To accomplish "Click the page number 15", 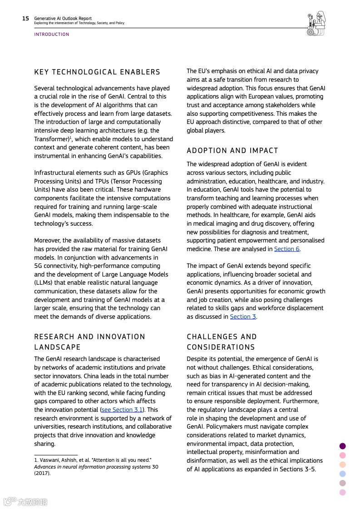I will pyautogui.click(x=25, y=19).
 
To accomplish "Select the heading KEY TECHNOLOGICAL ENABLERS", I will pyautogui.click(x=97, y=72).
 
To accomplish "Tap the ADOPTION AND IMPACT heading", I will pyautogui.click(x=232, y=150).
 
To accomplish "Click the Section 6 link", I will pyautogui.click(x=286, y=249).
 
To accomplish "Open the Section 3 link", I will pyautogui.click(x=243, y=316).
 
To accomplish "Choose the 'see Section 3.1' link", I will pyautogui.click(x=122, y=410).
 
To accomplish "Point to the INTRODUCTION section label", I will pyautogui.click(x=52, y=35).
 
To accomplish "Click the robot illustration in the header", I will pyautogui.click(x=316, y=24).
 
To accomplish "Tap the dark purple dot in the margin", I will pyautogui.click(x=342, y=446).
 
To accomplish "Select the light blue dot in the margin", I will pyautogui.click(x=342, y=474).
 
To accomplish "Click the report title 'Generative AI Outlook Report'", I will pyautogui.click(x=63, y=19).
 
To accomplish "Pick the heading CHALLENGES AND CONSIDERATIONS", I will pyautogui.click(x=222, y=342).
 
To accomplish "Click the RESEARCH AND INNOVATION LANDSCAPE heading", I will pyautogui.click(x=89, y=342).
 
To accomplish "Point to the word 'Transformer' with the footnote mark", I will pyautogui.click(x=51, y=139).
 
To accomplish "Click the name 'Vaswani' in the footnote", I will pyautogui.click(x=49, y=460).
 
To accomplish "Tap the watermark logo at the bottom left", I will pyautogui.click(x=25, y=502).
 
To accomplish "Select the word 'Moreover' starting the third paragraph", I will pyautogui.click(x=47, y=240).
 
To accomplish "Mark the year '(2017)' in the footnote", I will pyautogui.click(x=42, y=473).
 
